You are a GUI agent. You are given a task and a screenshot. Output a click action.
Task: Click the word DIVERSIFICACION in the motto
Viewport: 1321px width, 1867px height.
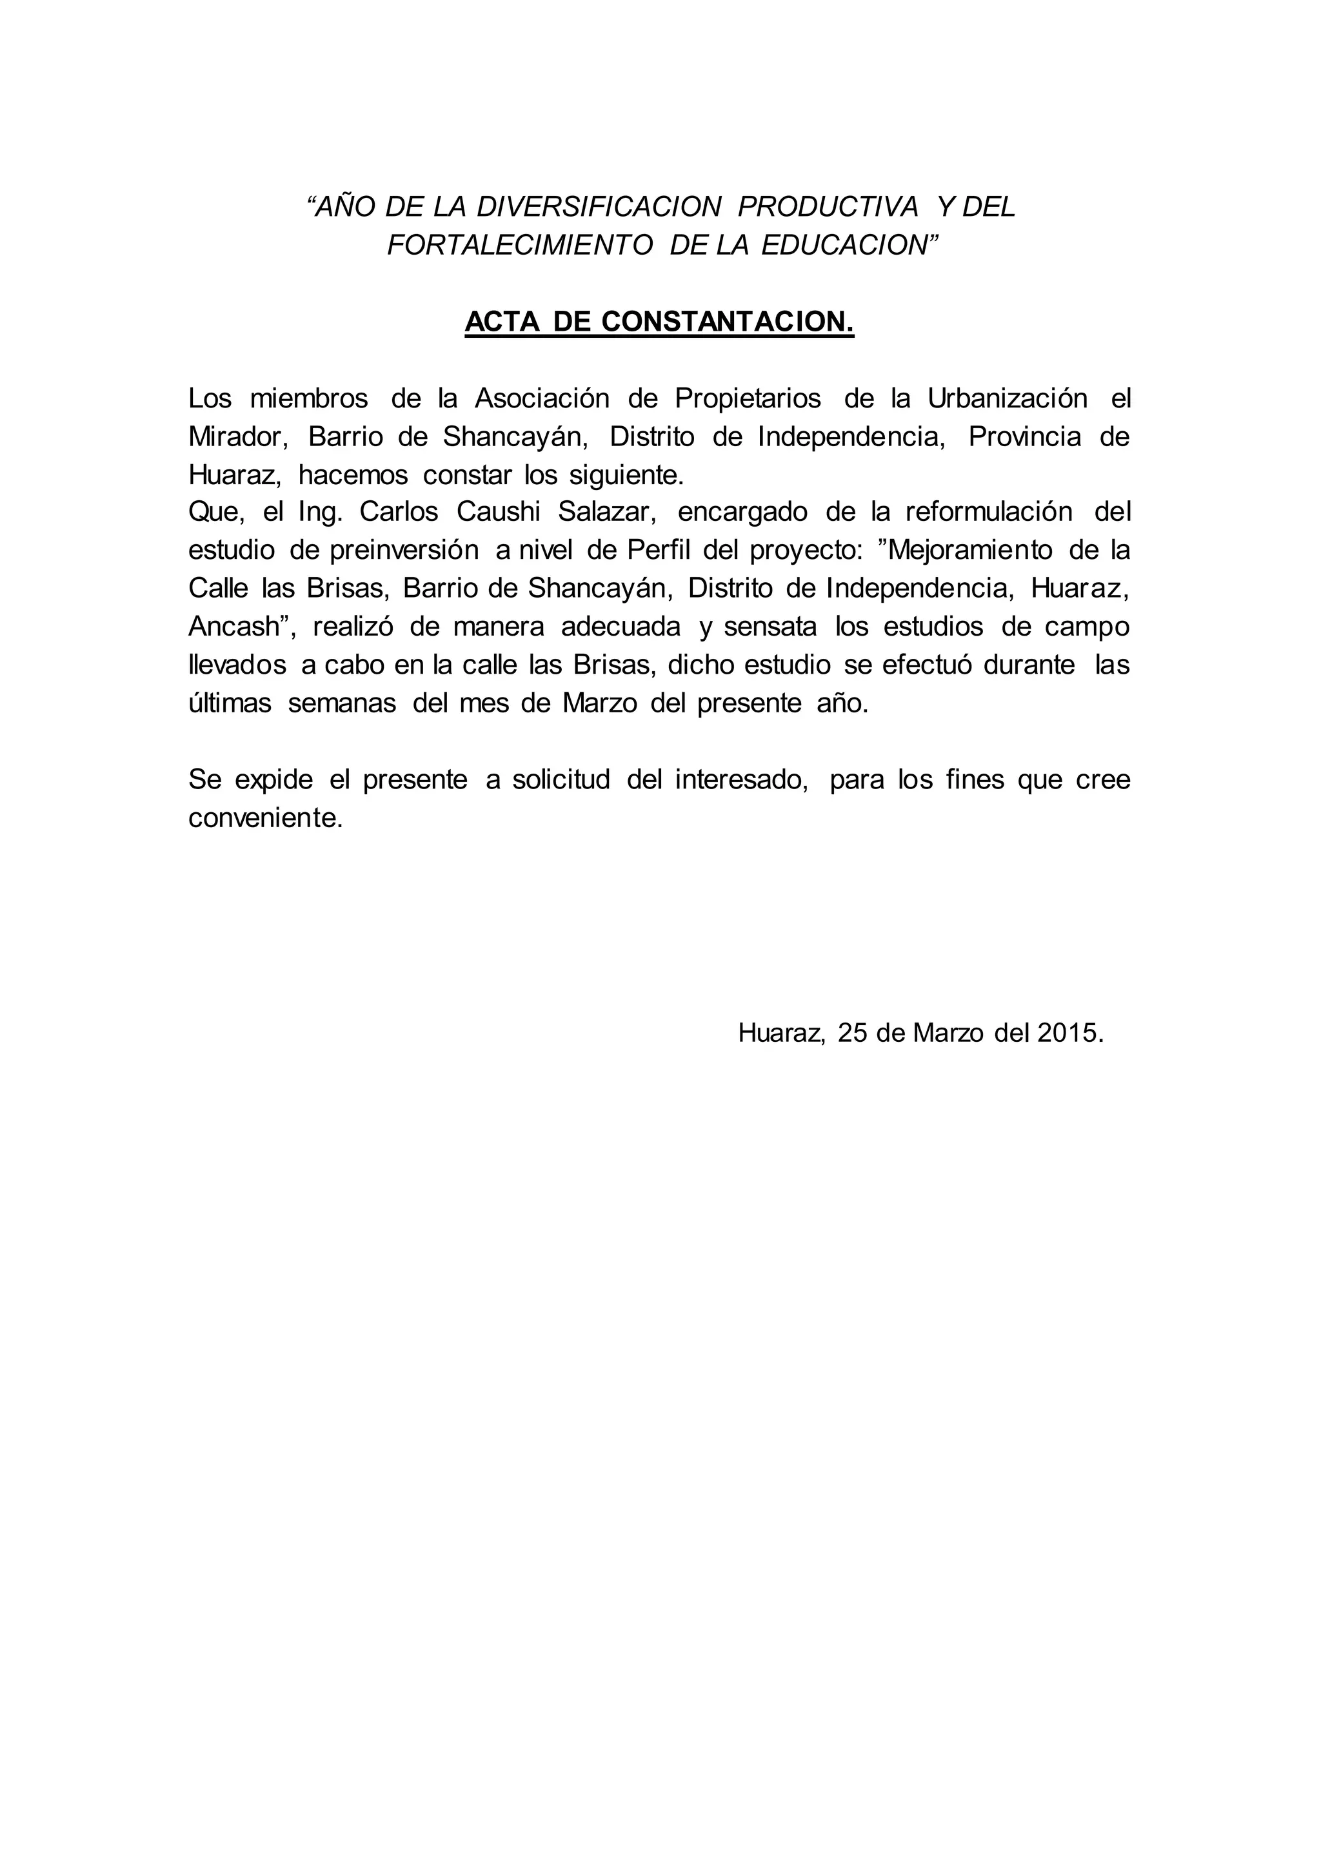[599, 208]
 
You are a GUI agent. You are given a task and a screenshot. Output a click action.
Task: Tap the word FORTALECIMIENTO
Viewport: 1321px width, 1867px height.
[520, 246]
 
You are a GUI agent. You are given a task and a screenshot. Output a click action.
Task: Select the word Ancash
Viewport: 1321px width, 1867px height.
[235, 627]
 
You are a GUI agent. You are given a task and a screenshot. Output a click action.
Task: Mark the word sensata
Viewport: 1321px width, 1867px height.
[769, 627]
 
